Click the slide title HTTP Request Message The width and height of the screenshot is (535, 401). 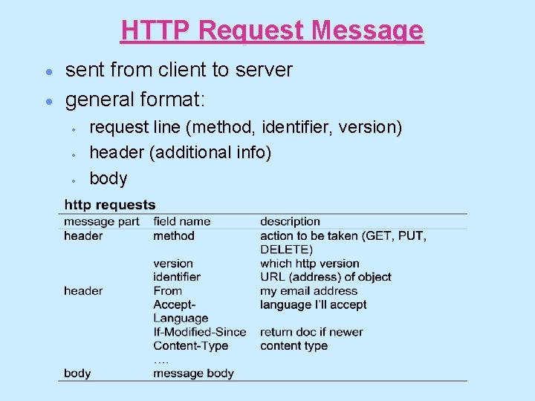272,30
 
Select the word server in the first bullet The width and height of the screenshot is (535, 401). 265,70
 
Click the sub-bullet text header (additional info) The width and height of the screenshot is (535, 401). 180,153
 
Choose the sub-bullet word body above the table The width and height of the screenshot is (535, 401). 108,178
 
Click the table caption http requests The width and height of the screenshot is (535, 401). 110,205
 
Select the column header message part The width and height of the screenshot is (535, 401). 102,221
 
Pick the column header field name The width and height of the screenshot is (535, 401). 181,221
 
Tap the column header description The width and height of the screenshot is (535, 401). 290,221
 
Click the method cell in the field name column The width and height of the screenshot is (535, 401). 174,235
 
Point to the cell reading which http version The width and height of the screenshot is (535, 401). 309,263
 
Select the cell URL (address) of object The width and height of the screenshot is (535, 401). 325,277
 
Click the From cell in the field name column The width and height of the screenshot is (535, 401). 167,290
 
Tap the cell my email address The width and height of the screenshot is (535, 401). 308,290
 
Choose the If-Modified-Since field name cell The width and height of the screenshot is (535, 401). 199,332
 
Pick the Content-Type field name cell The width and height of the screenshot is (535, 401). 191,345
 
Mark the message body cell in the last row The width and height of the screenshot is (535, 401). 193,374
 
